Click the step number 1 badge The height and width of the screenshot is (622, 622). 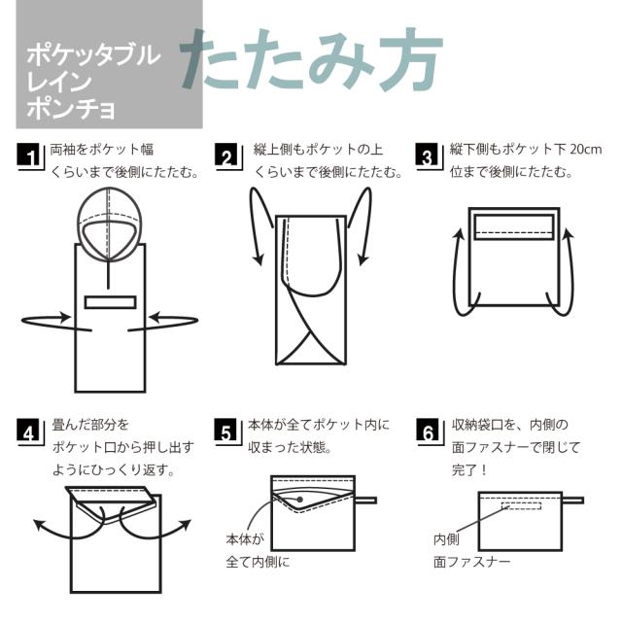pos(29,155)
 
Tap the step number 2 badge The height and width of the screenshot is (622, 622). pos(226,155)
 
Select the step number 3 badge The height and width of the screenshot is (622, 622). pos(427,155)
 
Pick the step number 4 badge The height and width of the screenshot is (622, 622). pos(29,431)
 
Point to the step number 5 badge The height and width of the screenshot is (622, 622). pos(225,431)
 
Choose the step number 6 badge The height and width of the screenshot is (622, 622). pos(428,431)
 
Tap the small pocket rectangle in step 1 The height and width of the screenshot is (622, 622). pos(110,302)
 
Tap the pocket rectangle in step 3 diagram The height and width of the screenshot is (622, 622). pos(514,226)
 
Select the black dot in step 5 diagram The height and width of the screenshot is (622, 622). pos(300,500)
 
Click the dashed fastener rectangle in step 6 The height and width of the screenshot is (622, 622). pos(521,505)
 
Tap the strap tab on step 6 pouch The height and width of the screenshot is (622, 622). pos(572,501)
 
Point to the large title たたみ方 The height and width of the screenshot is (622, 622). pos(312,59)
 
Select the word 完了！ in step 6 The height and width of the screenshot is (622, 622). pos(469,470)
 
